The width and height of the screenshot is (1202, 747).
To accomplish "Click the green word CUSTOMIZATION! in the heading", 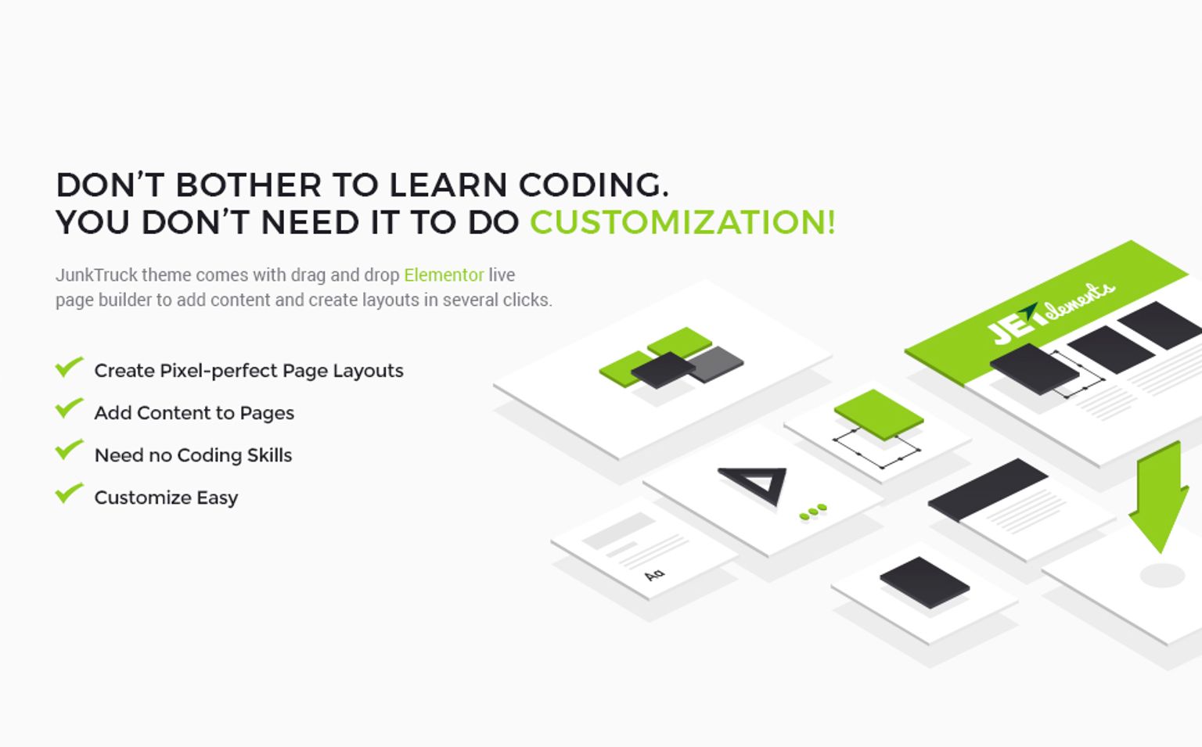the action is [682, 222].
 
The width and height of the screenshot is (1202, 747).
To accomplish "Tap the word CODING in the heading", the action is [593, 185].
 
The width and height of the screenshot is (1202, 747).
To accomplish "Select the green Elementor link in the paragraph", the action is [444, 275].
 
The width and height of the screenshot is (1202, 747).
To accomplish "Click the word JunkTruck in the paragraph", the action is [96, 275].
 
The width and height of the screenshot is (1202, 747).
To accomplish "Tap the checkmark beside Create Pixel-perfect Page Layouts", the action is [69, 367].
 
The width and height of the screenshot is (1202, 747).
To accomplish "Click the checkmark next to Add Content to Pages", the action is [69, 408].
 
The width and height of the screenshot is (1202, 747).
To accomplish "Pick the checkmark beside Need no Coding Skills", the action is [69, 450].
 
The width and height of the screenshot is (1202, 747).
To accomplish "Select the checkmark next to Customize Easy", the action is [69, 493].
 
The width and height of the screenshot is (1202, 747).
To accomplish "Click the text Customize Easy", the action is [167, 498].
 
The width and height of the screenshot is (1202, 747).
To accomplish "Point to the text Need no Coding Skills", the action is [193, 455].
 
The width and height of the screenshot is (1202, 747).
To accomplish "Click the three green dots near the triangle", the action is [813, 512].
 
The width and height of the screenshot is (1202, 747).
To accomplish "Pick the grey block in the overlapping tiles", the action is [716, 365].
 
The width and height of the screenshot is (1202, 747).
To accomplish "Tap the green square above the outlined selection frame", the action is [879, 415].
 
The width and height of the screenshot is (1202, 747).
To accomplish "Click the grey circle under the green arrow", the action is [1162, 576].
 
